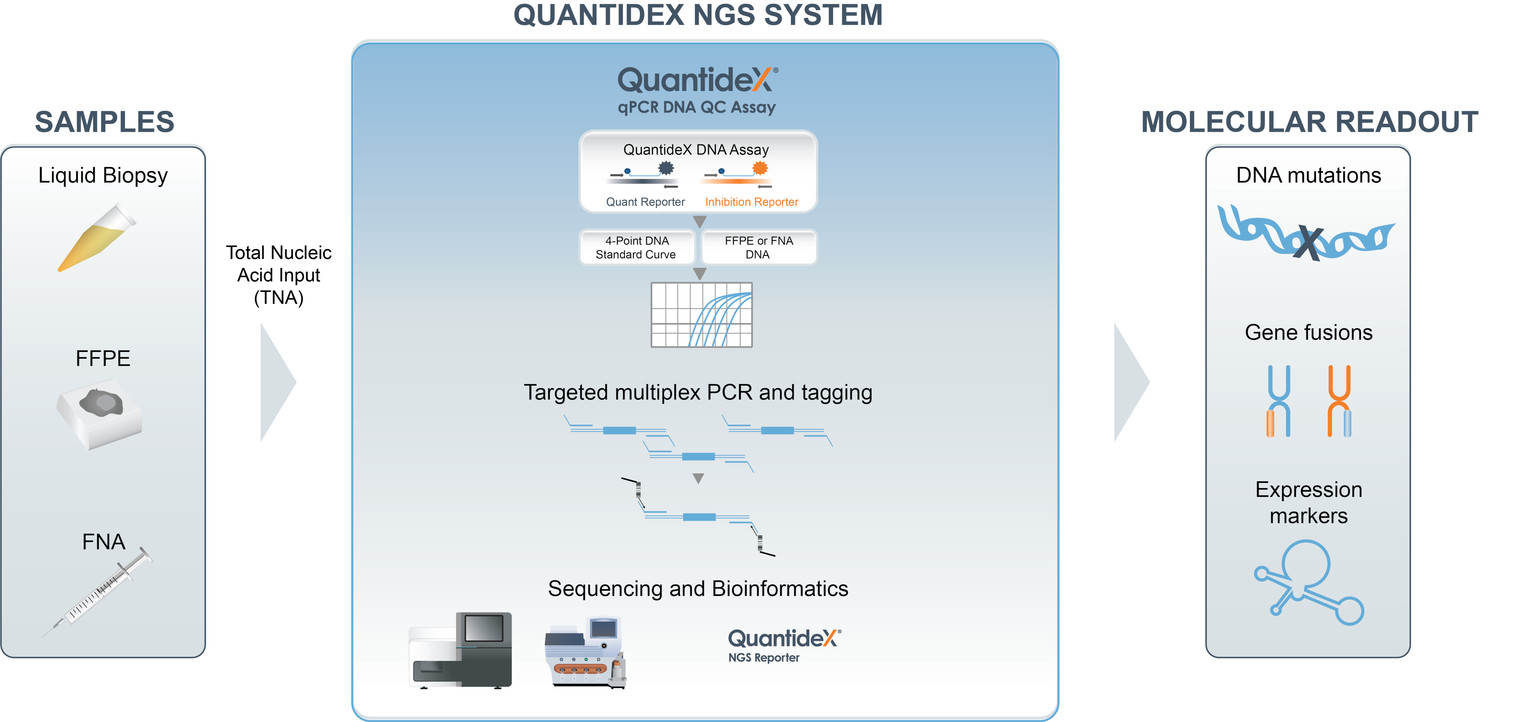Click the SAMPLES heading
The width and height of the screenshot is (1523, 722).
coord(105,122)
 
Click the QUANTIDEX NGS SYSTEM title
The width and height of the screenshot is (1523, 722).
coord(698,15)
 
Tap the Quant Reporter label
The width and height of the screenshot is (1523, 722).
coord(645,202)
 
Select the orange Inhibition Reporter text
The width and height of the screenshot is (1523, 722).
coord(751,202)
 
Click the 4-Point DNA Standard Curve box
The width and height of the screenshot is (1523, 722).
coord(636,247)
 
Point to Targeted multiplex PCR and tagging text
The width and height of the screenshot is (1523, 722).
coord(698,392)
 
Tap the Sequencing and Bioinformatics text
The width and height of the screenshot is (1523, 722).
coord(698,588)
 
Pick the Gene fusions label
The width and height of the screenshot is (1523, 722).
coord(1308,332)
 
